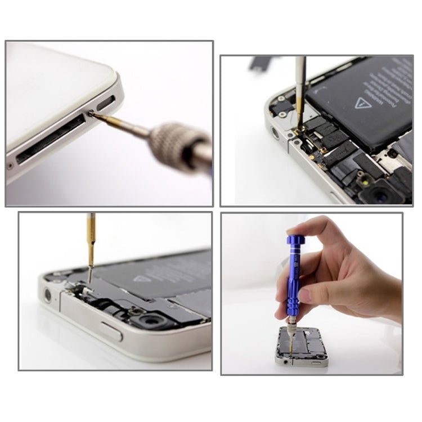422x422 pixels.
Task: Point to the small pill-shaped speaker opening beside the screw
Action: [x=106, y=104]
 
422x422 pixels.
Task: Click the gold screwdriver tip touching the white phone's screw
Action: [x=101, y=117]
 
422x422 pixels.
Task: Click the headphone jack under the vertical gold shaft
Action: [x=48, y=294]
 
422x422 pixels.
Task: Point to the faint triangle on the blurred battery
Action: [x=145, y=277]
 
